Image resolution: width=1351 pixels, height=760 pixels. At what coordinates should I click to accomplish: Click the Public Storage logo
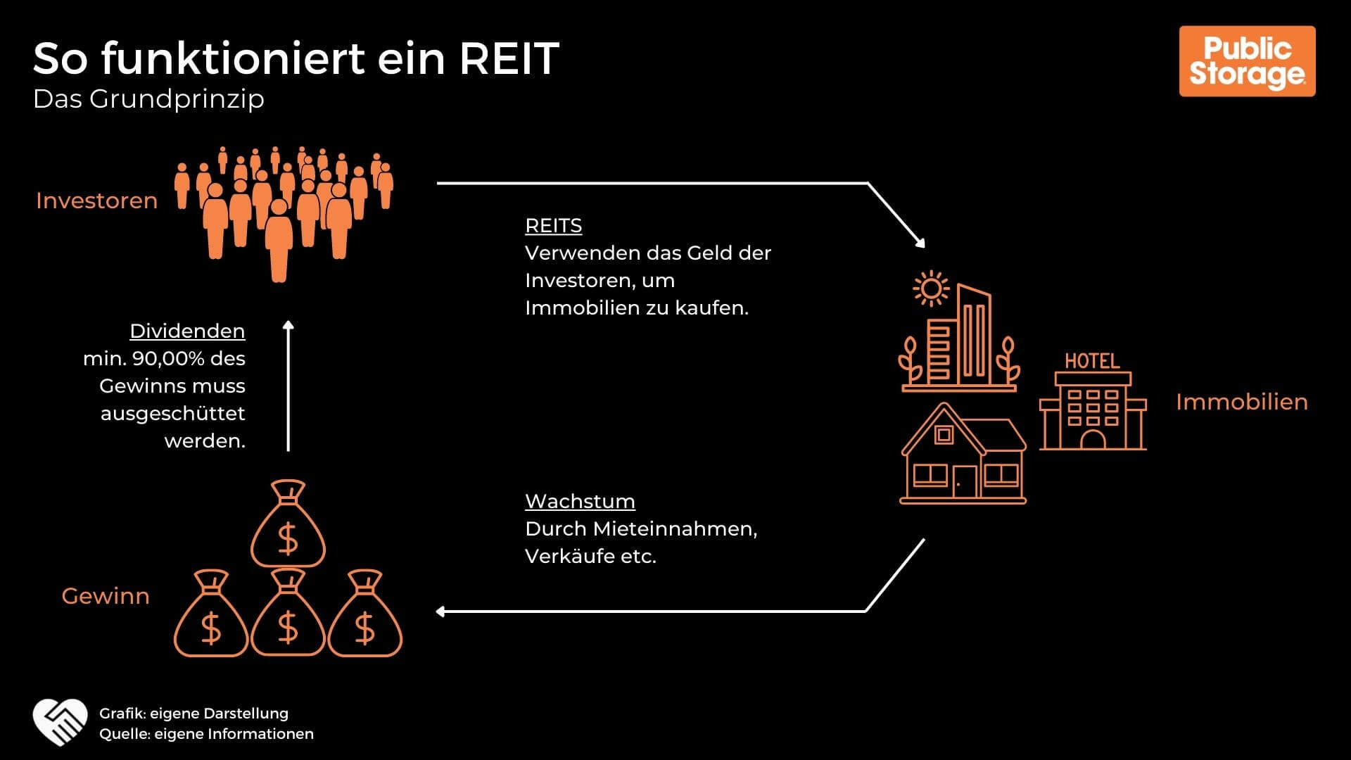(1247, 61)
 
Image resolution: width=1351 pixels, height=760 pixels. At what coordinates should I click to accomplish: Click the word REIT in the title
(509, 58)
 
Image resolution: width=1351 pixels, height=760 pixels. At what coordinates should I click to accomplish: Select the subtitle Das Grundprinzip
(148, 99)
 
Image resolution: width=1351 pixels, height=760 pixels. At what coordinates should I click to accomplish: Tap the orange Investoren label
(96, 201)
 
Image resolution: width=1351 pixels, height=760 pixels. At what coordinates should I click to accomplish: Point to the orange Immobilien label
(1241, 402)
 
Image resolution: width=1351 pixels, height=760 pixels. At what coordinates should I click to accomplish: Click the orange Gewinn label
(106, 596)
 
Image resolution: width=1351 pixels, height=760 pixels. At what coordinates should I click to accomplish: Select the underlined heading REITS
(553, 226)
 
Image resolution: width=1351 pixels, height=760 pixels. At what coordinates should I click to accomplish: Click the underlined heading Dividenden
(187, 331)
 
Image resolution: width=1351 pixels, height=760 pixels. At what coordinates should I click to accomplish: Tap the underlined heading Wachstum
(580, 501)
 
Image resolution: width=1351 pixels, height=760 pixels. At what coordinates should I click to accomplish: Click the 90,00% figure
(169, 359)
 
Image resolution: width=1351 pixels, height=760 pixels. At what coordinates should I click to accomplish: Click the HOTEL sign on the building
(1092, 362)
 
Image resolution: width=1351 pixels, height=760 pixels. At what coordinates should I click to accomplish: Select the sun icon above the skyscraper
(930, 289)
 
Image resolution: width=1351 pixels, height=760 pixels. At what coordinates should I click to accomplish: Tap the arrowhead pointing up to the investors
(288, 325)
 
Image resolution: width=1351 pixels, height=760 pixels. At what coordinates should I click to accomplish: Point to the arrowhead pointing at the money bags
(440, 612)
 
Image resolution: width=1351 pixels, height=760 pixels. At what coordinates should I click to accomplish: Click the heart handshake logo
(60, 723)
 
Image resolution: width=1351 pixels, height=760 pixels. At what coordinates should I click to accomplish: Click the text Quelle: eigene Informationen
(206, 734)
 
